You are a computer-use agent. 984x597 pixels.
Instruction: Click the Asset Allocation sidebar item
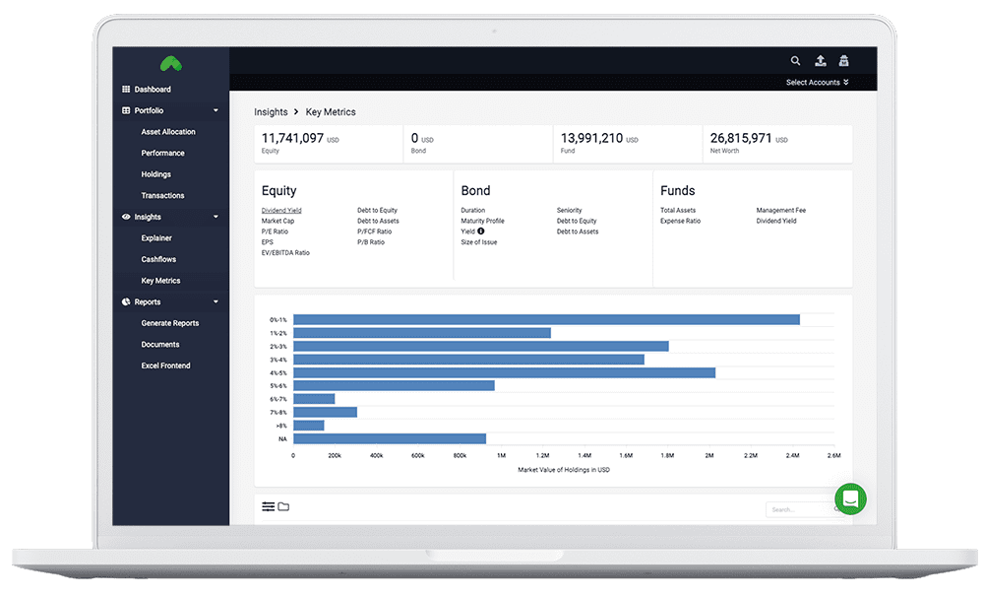click(x=168, y=132)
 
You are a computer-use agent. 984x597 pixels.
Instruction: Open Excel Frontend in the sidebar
click(x=165, y=365)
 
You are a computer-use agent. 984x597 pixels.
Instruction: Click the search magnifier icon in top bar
click(x=796, y=61)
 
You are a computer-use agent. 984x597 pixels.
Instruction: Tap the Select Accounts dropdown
click(x=817, y=83)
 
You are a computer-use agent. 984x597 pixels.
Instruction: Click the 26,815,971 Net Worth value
click(x=742, y=139)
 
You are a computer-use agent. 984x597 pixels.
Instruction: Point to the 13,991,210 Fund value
click(x=591, y=139)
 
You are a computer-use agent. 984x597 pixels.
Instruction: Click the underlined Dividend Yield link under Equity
click(x=281, y=211)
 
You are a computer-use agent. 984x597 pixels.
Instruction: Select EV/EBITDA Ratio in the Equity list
click(x=285, y=253)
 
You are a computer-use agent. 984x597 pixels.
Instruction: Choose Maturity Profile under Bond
click(x=482, y=222)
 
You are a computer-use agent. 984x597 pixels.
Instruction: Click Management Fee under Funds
click(x=780, y=211)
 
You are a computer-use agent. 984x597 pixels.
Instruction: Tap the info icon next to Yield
click(x=481, y=232)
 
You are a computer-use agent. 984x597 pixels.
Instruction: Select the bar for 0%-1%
click(x=546, y=319)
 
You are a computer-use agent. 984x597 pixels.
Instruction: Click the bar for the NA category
click(x=390, y=438)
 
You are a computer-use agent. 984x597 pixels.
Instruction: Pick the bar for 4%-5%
click(x=504, y=372)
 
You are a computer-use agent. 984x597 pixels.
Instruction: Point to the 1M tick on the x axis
click(x=501, y=456)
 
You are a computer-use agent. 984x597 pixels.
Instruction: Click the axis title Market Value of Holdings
click(x=564, y=470)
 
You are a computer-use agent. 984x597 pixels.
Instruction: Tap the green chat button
click(x=851, y=498)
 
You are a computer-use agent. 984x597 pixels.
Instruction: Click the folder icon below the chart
click(x=283, y=506)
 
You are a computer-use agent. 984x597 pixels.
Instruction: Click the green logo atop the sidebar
click(x=170, y=64)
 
